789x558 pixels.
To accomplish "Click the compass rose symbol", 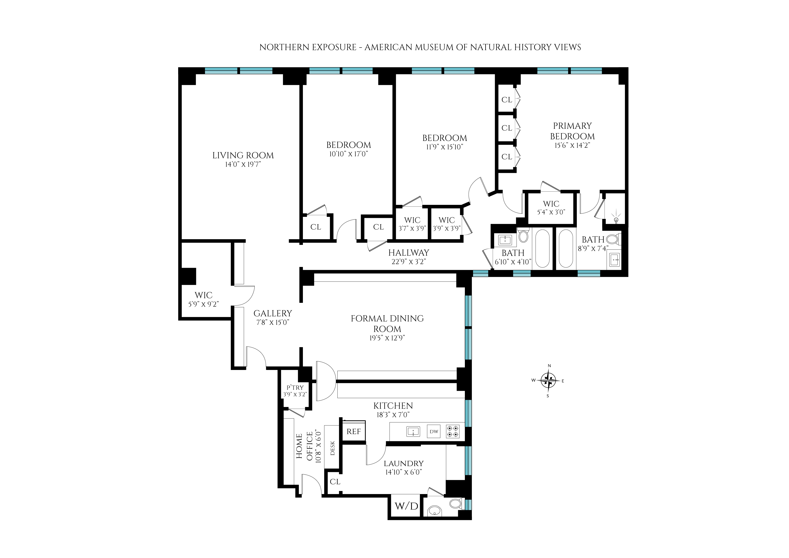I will point(548,380).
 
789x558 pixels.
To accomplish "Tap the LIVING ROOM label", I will point(243,155).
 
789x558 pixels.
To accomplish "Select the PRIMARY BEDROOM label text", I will point(572,131).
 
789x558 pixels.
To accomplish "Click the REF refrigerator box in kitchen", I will point(354,432).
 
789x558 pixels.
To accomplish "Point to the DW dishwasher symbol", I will point(434,432).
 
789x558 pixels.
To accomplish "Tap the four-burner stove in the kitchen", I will point(453,432).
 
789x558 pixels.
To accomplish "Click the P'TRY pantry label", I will point(295,388).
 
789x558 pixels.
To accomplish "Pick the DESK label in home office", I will point(332,448).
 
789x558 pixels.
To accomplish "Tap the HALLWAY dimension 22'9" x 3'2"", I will point(408,261).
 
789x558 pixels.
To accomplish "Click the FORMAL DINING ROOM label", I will point(387,323).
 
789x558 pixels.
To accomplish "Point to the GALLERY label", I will point(273,313).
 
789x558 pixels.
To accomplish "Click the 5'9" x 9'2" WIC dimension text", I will point(203,304).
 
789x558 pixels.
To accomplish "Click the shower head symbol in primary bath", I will point(616,219).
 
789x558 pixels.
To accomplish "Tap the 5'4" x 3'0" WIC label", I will point(551,212).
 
